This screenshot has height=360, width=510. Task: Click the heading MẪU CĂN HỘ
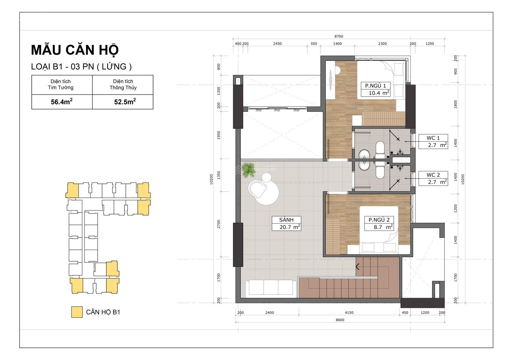point(75,50)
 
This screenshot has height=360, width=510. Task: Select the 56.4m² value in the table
point(62,102)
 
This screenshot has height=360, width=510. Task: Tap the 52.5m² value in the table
point(125,102)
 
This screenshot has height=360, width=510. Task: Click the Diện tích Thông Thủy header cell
point(123,84)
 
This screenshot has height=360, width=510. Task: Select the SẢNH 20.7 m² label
point(287,223)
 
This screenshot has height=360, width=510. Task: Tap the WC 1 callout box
point(433,141)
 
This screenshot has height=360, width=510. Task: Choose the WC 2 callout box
point(433,178)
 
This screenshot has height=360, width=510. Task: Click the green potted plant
point(248,168)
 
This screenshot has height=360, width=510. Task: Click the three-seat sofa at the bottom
point(271,288)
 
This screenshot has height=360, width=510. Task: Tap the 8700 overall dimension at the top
point(339,36)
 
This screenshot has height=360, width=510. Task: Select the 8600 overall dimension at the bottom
point(340,320)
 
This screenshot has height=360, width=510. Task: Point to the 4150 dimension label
point(349,313)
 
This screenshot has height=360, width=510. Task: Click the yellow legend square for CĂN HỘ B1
point(77,312)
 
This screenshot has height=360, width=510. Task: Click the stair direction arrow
point(358,267)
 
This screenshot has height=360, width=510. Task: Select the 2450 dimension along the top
point(277,44)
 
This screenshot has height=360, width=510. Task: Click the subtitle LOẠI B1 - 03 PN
point(81,67)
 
